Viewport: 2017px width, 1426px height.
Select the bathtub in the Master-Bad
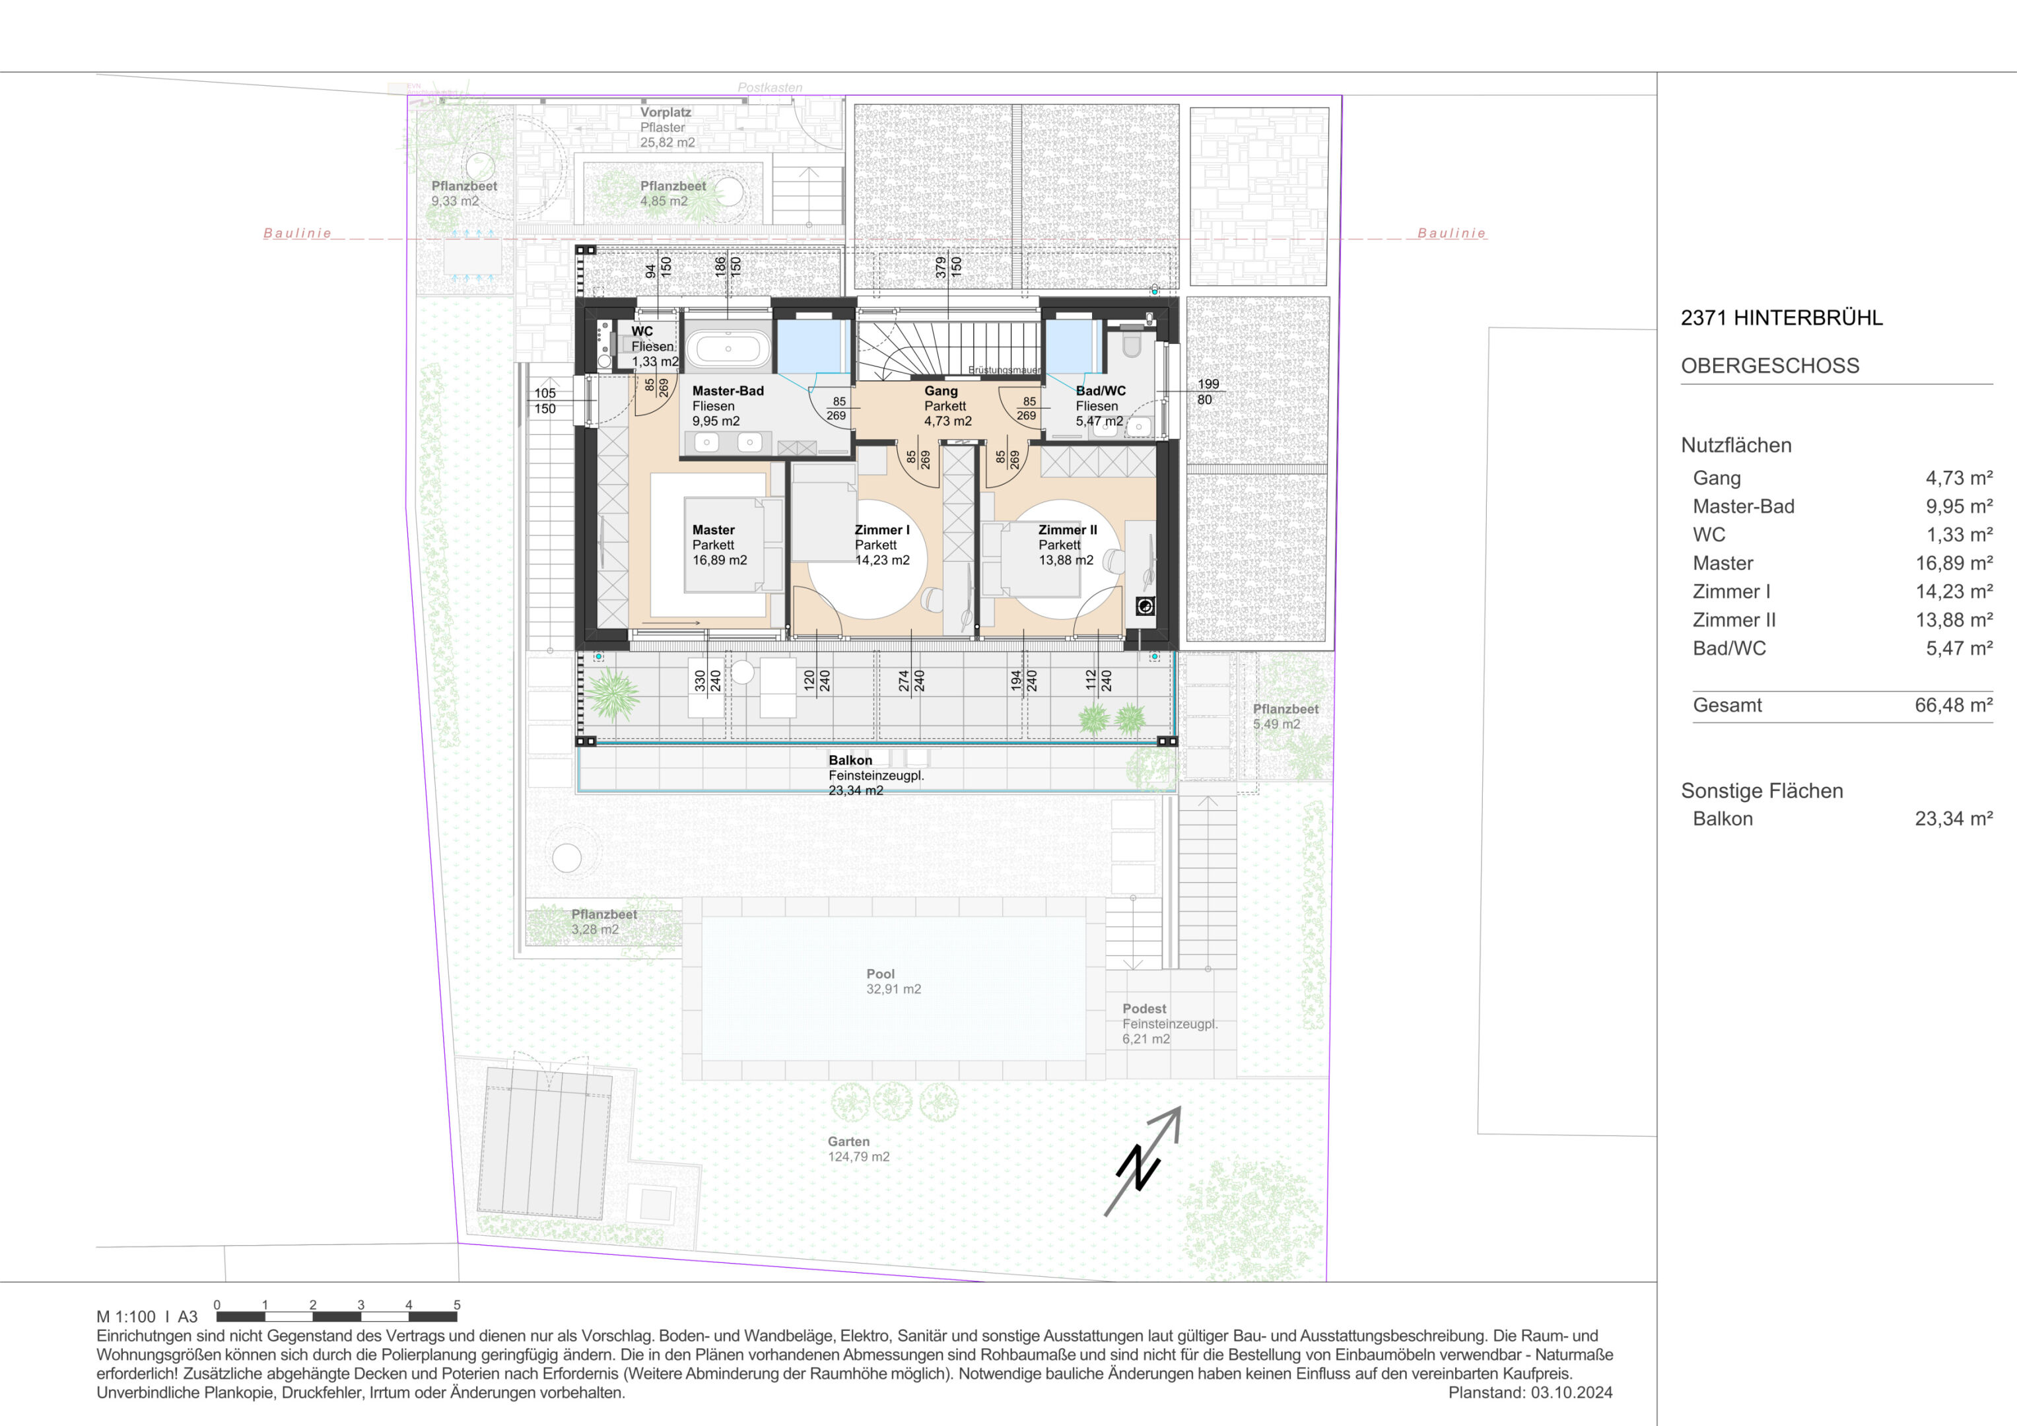(x=728, y=348)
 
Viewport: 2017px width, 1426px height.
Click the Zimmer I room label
(x=882, y=530)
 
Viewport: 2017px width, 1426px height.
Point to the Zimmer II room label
(x=1068, y=530)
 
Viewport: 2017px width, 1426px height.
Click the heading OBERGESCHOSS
(x=1769, y=366)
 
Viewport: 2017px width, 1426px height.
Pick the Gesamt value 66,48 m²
(x=1953, y=704)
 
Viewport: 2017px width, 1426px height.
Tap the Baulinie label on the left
(x=298, y=233)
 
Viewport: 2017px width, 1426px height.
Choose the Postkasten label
(x=770, y=88)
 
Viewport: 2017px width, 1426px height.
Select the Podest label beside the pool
(x=1144, y=1009)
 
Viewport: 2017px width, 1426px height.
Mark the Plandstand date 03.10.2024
(x=1571, y=1392)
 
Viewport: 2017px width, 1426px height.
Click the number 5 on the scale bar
(x=457, y=1305)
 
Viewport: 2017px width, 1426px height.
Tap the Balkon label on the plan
(x=850, y=760)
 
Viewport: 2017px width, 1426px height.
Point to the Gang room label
(x=940, y=391)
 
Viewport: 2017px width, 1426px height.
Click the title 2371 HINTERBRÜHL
(x=1781, y=318)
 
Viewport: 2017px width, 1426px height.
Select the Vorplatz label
(x=665, y=112)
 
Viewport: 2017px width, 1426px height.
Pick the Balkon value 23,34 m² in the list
(x=1953, y=818)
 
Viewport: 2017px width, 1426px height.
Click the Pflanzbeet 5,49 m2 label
(x=1285, y=716)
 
